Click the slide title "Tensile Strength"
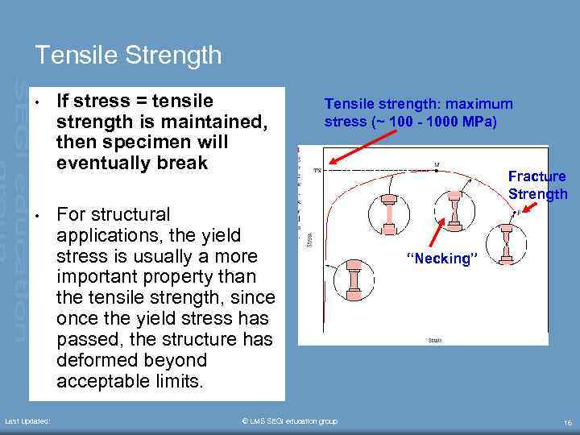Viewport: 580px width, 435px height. pyautogui.click(x=128, y=55)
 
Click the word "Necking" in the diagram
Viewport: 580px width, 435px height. pyautogui.click(x=442, y=259)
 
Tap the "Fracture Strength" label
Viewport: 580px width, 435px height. pyautogui.click(x=537, y=185)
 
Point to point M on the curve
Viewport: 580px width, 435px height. pyautogui.click(x=437, y=165)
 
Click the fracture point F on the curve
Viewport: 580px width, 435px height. pyautogui.click(x=519, y=212)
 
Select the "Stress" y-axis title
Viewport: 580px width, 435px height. pyautogui.click(x=310, y=238)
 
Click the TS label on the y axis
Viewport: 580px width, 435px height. pyautogui.click(x=317, y=171)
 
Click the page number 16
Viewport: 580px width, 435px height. pyautogui.click(x=567, y=421)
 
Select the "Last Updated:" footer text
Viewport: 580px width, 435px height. pyautogui.click(x=27, y=421)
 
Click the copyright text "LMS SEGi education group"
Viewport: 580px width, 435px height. pyautogui.click(x=290, y=421)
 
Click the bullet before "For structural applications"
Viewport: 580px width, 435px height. pyautogui.click(x=37, y=216)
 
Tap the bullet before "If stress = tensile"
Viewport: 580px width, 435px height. pyautogui.click(x=37, y=102)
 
